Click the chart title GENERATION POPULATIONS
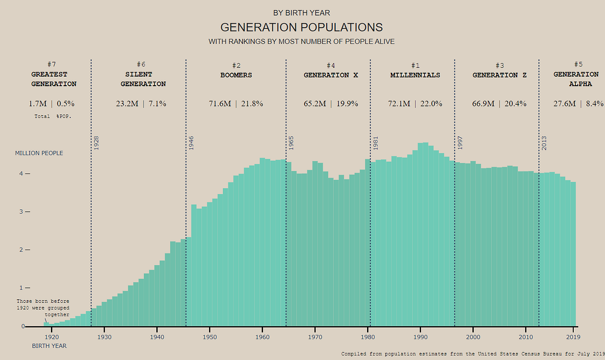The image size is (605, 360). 301,27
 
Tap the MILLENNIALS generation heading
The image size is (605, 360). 415,75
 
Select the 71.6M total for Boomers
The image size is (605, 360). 220,104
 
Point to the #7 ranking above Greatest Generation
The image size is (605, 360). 51,65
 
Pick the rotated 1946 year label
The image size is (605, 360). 191,143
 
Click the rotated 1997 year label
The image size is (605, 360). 460,143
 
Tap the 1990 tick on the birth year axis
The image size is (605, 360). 420,336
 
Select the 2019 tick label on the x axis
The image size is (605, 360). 573,336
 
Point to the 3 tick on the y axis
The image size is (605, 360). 22,212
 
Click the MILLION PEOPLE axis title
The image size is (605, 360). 39,153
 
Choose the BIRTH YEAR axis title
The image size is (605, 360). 49,346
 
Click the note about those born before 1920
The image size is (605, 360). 43,308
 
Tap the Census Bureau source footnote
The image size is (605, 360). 472,354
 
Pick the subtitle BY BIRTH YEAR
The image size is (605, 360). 301,13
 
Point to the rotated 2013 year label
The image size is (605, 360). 544,143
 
